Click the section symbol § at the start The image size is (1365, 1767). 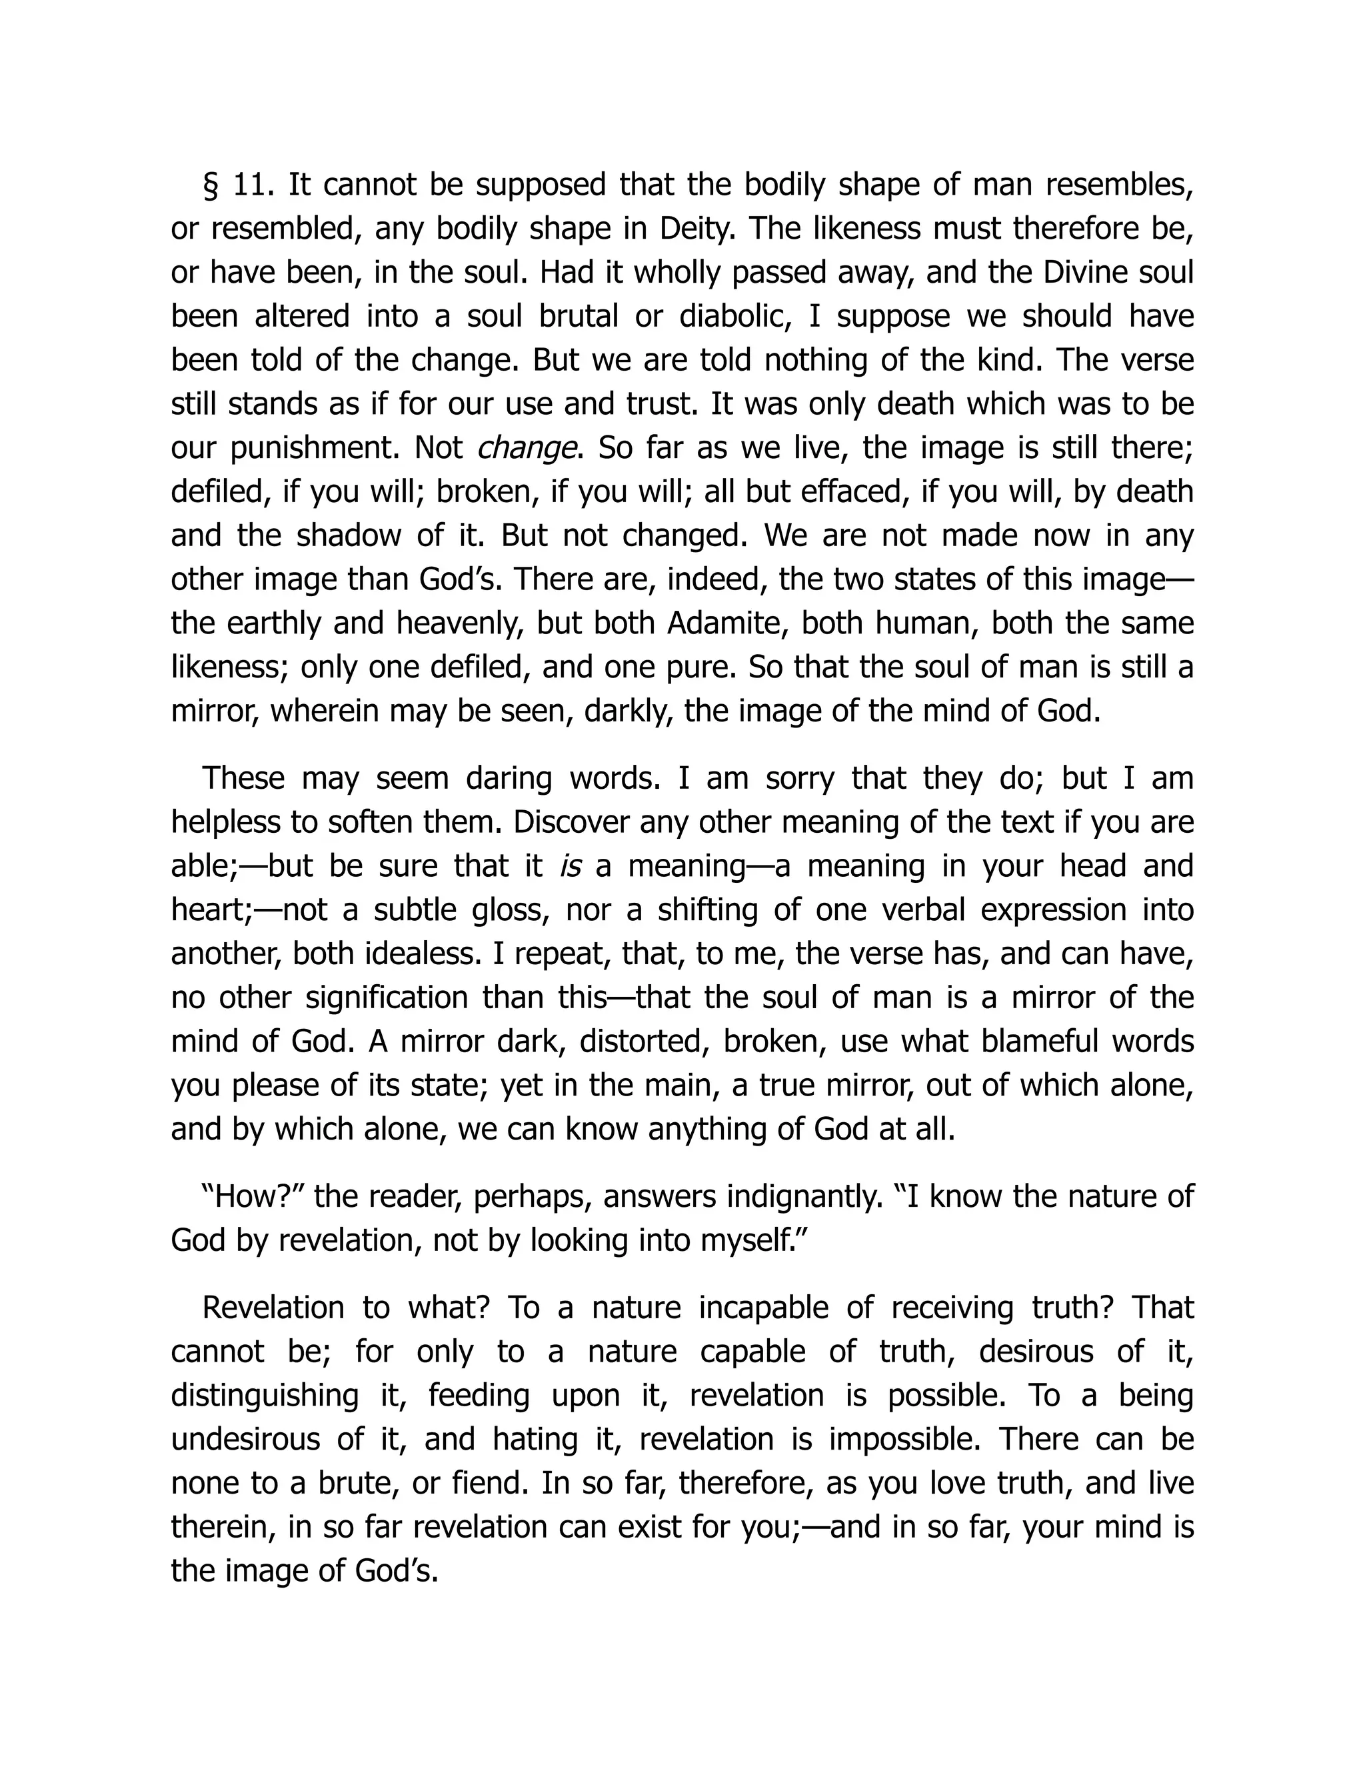pos(211,186)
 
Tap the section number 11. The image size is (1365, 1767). pos(254,186)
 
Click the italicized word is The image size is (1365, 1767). pos(571,865)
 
